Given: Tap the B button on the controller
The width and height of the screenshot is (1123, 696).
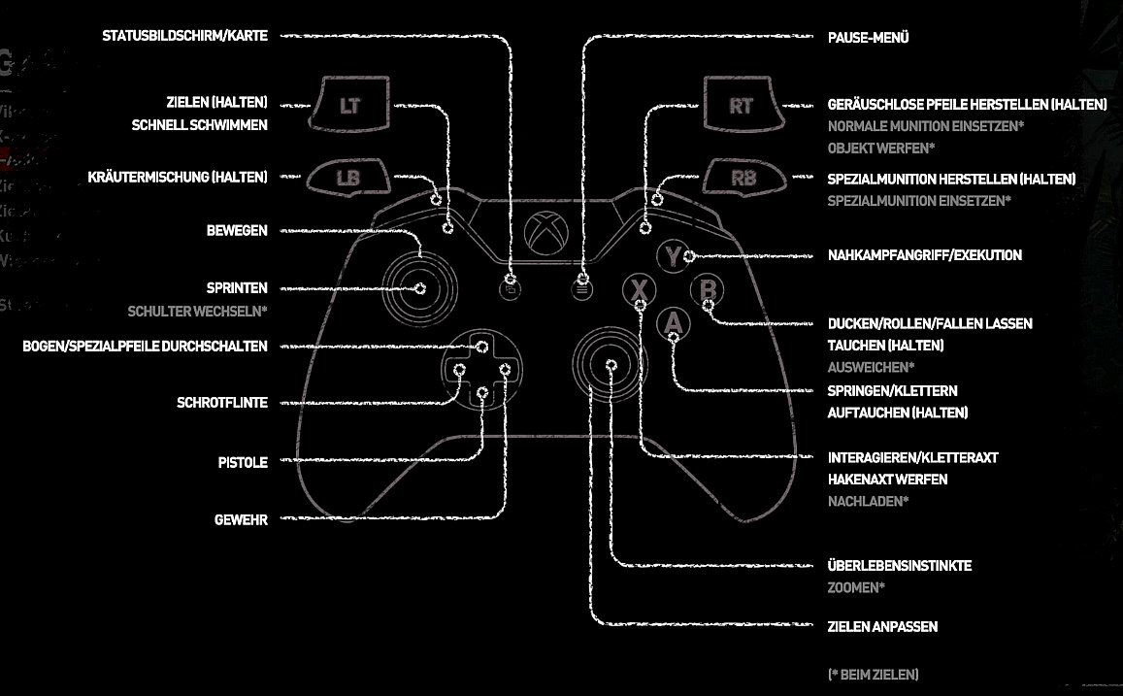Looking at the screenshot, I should [x=707, y=291].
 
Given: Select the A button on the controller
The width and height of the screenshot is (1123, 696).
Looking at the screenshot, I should [x=673, y=323].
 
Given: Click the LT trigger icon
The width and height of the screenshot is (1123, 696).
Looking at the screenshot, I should [x=348, y=106].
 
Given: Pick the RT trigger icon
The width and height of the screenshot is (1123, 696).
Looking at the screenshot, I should [x=741, y=106].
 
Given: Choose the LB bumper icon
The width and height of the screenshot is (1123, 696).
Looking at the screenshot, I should [x=347, y=179].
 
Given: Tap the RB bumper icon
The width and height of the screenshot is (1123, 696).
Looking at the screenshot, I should [x=743, y=179].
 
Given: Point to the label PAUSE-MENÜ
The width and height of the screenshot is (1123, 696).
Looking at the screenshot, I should [x=868, y=38].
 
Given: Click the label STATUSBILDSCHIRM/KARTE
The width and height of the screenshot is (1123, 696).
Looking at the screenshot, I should [x=185, y=36].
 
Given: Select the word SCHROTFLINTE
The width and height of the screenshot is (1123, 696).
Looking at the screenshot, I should [x=222, y=403].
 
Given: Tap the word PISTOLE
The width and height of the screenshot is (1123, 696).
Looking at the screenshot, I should [x=243, y=463].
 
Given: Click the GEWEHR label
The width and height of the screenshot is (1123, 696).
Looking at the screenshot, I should [x=241, y=520].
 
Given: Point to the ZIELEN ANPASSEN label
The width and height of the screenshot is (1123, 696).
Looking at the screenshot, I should [x=882, y=627].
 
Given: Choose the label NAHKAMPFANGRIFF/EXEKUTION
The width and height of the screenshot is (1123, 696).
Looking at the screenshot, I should [x=924, y=255].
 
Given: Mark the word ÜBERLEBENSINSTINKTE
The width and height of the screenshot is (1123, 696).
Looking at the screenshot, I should [x=899, y=566].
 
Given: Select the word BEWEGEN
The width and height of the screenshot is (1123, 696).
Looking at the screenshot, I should [x=237, y=231].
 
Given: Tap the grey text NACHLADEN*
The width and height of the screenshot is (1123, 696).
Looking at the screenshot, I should [x=868, y=502].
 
